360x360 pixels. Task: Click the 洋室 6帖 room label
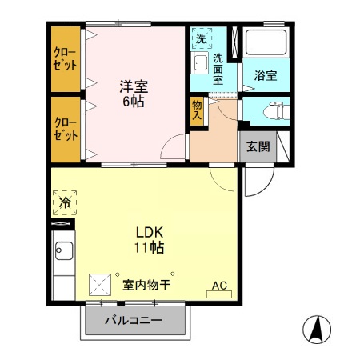(x=134, y=93)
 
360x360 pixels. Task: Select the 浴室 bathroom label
(x=266, y=76)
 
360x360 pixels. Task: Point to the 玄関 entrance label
(x=257, y=146)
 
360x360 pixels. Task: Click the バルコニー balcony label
(x=135, y=321)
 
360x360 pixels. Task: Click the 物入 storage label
(x=197, y=110)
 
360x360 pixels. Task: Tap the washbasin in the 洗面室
(x=200, y=64)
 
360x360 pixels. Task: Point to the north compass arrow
(x=316, y=329)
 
